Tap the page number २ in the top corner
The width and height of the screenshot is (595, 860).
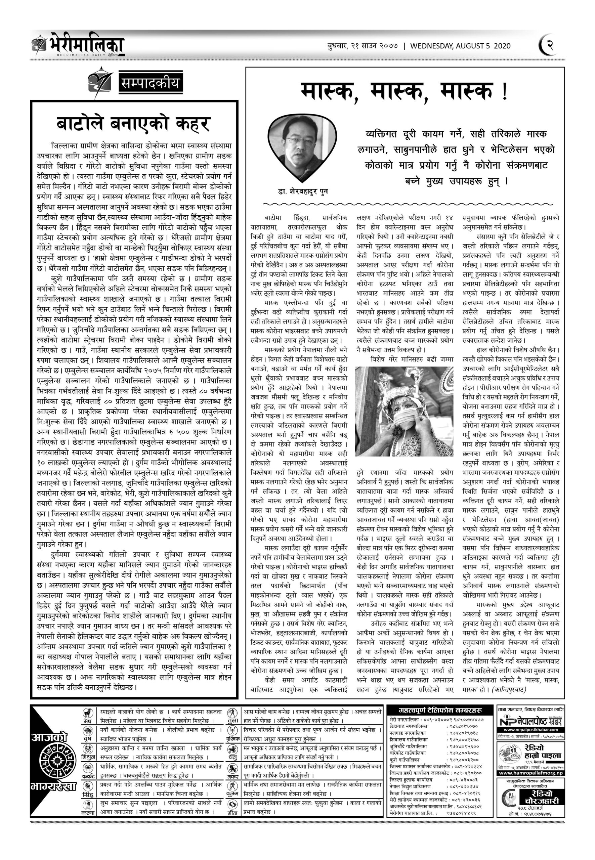click(550, 46)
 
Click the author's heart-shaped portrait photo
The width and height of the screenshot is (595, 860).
click(302, 146)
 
